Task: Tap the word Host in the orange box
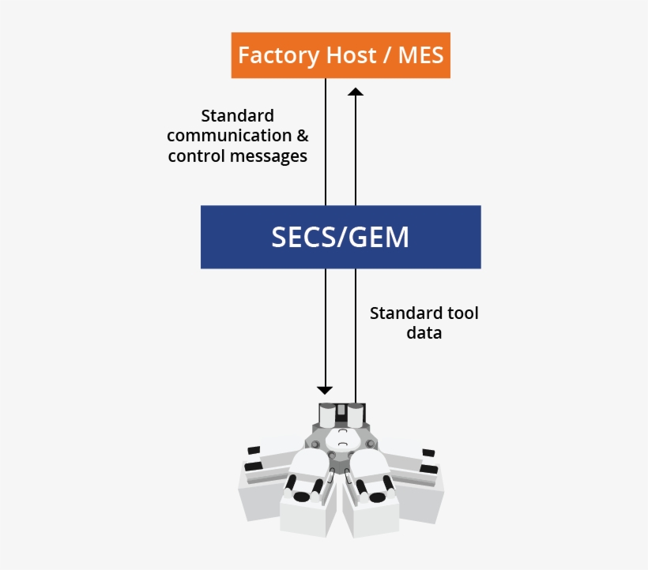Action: coord(348,56)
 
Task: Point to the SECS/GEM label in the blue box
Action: coord(341,237)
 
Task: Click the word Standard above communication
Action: coord(237,116)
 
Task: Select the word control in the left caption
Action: coord(196,156)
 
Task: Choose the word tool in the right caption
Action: coord(462,313)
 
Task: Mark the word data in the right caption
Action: coord(424,333)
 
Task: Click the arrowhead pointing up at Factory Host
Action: coord(356,92)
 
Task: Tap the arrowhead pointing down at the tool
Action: coord(325,389)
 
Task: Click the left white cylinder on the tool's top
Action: coord(327,413)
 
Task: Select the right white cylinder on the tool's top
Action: coord(356,413)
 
